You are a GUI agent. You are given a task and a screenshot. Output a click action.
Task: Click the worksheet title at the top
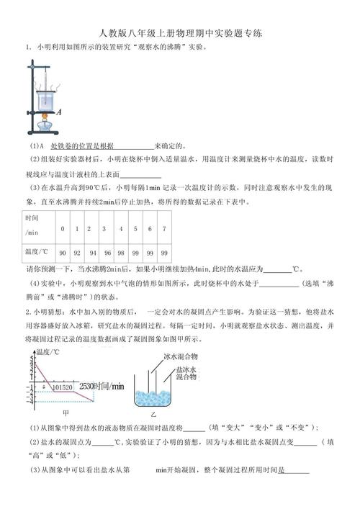[x=180, y=33]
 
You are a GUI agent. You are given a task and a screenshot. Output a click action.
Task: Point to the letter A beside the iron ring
[x=58, y=112]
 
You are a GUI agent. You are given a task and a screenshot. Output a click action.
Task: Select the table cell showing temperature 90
[x=63, y=253]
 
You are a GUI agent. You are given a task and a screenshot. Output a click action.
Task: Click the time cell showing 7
[x=164, y=229]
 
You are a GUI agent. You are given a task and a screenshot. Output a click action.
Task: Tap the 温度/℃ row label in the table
[x=36, y=253]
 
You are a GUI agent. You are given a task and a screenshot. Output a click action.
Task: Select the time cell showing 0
[x=63, y=229]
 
